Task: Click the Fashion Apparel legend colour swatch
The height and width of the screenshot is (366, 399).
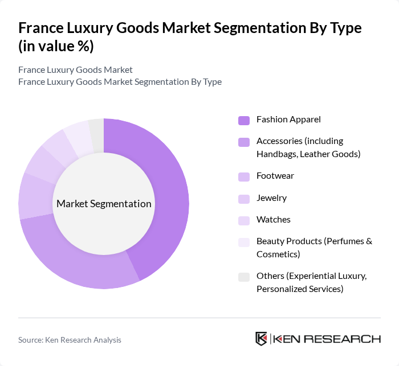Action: click(244, 120)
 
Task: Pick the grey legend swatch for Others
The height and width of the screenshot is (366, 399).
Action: click(244, 277)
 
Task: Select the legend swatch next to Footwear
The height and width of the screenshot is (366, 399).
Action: click(244, 176)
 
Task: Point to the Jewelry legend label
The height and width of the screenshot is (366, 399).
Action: click(271, 198)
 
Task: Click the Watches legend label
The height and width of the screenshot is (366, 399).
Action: click(274, 220)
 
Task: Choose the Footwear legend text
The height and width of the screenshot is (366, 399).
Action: click(275, 176)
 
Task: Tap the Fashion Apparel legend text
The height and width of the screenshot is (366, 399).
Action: click(288, 120)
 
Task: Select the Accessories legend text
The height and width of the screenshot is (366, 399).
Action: click(308, 147)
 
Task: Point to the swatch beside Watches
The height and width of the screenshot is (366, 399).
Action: click(244, 220)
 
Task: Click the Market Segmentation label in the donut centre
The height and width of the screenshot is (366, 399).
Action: click(104, 204)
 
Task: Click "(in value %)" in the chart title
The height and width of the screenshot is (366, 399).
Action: click(56, 46)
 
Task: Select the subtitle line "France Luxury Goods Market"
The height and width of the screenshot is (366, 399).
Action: click(75, 70)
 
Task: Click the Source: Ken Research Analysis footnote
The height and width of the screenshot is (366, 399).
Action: click(70, 340)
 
